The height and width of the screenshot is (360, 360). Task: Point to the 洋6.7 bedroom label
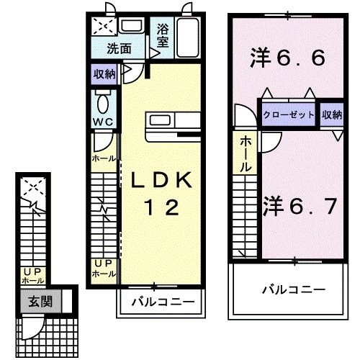pos(300,207)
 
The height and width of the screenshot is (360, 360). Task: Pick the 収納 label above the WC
pos(104,73)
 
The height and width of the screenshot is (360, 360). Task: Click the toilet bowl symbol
pos(102,99)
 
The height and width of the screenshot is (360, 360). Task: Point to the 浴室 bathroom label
pos(162,36)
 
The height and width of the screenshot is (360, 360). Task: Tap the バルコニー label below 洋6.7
pos(292,289)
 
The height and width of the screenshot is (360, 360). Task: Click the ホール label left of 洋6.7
pos(246,153)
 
